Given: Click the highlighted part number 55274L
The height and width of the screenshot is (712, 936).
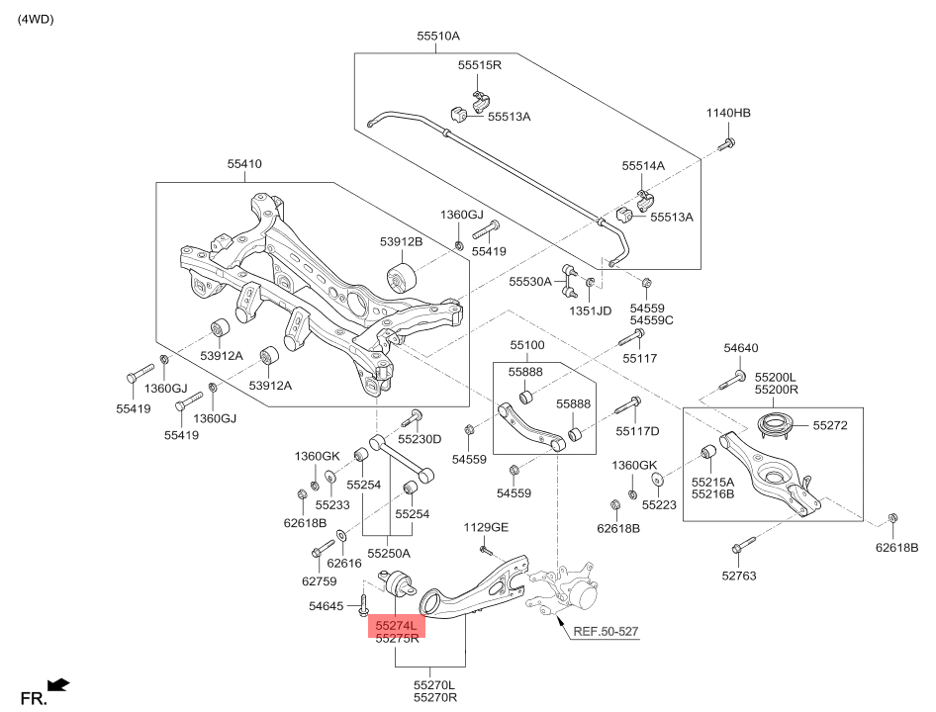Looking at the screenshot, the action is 396,626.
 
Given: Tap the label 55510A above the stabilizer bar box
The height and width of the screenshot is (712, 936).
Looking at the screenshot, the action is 438,36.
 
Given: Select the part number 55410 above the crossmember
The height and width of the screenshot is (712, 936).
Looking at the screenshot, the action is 244,163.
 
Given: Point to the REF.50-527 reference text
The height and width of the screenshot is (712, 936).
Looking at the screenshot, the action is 606,631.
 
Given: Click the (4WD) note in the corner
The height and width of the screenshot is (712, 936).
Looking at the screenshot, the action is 36,19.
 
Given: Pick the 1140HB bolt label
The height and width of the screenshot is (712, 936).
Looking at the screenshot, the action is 728,113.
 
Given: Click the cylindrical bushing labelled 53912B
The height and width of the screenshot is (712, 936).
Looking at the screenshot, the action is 400,277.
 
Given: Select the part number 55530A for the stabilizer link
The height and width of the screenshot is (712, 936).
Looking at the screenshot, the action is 530,281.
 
